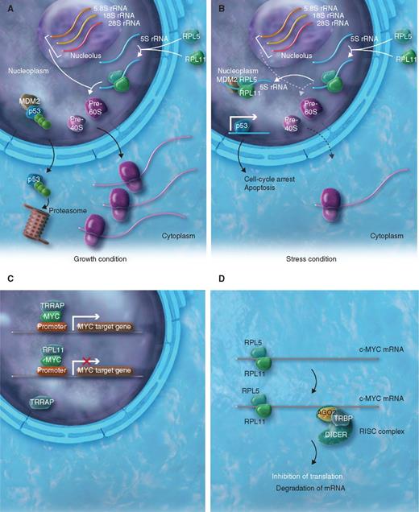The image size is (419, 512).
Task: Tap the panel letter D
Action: point(223,278)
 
